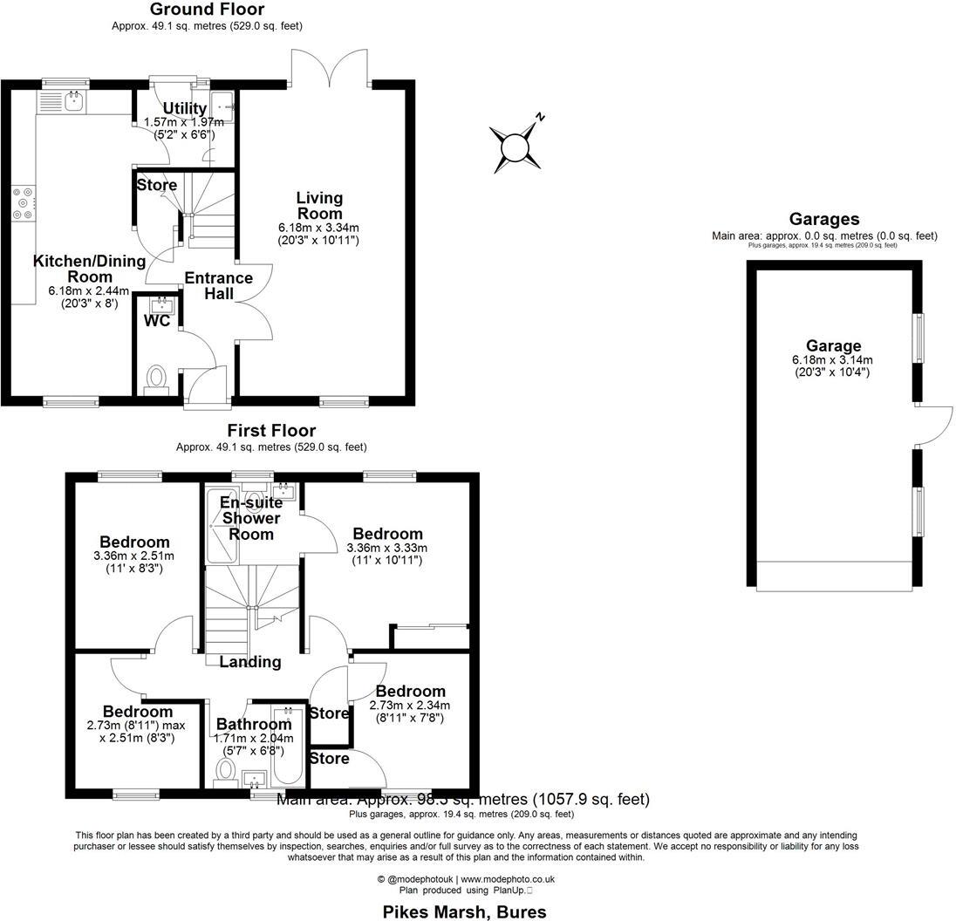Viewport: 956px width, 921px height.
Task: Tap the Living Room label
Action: [x=318, y=206]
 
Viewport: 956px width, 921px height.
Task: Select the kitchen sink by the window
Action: [x=73, y=102]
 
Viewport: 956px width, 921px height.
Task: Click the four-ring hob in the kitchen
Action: [x=23, y=203]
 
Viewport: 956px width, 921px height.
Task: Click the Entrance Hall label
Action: [x=218, y=286]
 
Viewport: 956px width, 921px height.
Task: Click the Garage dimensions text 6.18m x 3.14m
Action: [x=832, y=359]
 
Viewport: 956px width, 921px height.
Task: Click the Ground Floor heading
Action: [x=207, y=10]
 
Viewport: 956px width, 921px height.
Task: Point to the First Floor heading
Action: [x=271, y=431]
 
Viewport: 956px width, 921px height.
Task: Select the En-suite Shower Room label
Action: [x=251, y=518]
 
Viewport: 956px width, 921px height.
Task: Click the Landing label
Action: [x=249, y=662]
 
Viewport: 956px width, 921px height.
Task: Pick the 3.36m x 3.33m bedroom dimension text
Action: [x=386, y=548]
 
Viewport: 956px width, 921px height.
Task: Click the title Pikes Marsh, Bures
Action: [x=465, y=911]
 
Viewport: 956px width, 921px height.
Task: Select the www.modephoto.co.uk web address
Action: [x=508, y=880]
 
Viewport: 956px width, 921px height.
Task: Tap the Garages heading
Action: [x=823, y=220]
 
